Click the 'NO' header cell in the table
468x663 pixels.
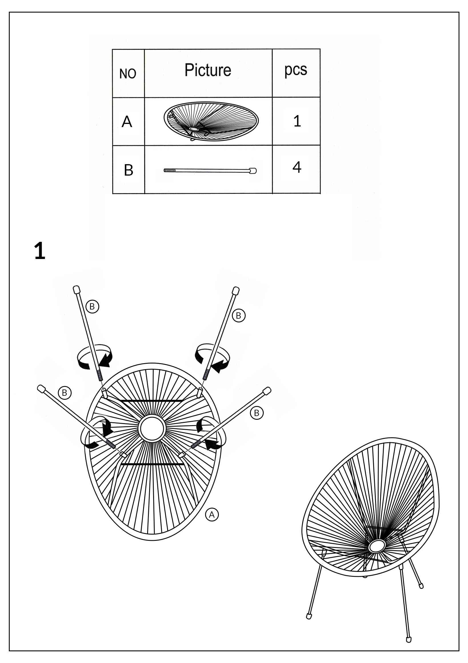point(128,74)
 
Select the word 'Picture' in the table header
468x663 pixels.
point(208,70)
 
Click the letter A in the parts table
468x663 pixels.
point(127,122)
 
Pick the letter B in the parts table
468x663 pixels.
point(128,170)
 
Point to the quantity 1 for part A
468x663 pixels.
point(297,121)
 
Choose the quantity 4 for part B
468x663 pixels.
point(297,167)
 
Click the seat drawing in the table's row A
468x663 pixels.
point(211,121)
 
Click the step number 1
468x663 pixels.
point(40,251)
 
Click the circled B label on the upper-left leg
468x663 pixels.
point(92,306)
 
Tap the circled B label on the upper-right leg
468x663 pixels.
point(239,316)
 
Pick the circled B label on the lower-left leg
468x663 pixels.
point(64,393)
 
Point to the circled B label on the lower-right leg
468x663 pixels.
point(257,413)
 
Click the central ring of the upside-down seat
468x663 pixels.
point(152,428)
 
